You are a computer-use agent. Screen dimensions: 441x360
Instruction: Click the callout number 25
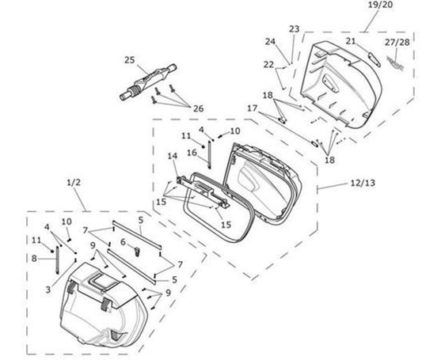click(x=130, y=60)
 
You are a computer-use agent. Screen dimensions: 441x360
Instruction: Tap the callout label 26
click(x=198, y=108)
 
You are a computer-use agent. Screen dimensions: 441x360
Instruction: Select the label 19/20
click(x=380, y=5)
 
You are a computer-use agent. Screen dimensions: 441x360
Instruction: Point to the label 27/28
click(x=397, y=43)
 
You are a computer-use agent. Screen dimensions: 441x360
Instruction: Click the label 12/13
click(x=363, y=183)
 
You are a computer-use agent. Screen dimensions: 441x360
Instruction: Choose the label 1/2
click(x=74, y=183)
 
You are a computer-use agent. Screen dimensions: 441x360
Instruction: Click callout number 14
click(x=173, y=156)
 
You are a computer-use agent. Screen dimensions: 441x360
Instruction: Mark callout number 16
click(x=192, y=153)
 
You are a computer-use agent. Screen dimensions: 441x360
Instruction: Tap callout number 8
click(x=34, y=258)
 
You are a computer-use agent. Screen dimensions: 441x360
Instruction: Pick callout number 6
click(x=123, y=241)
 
